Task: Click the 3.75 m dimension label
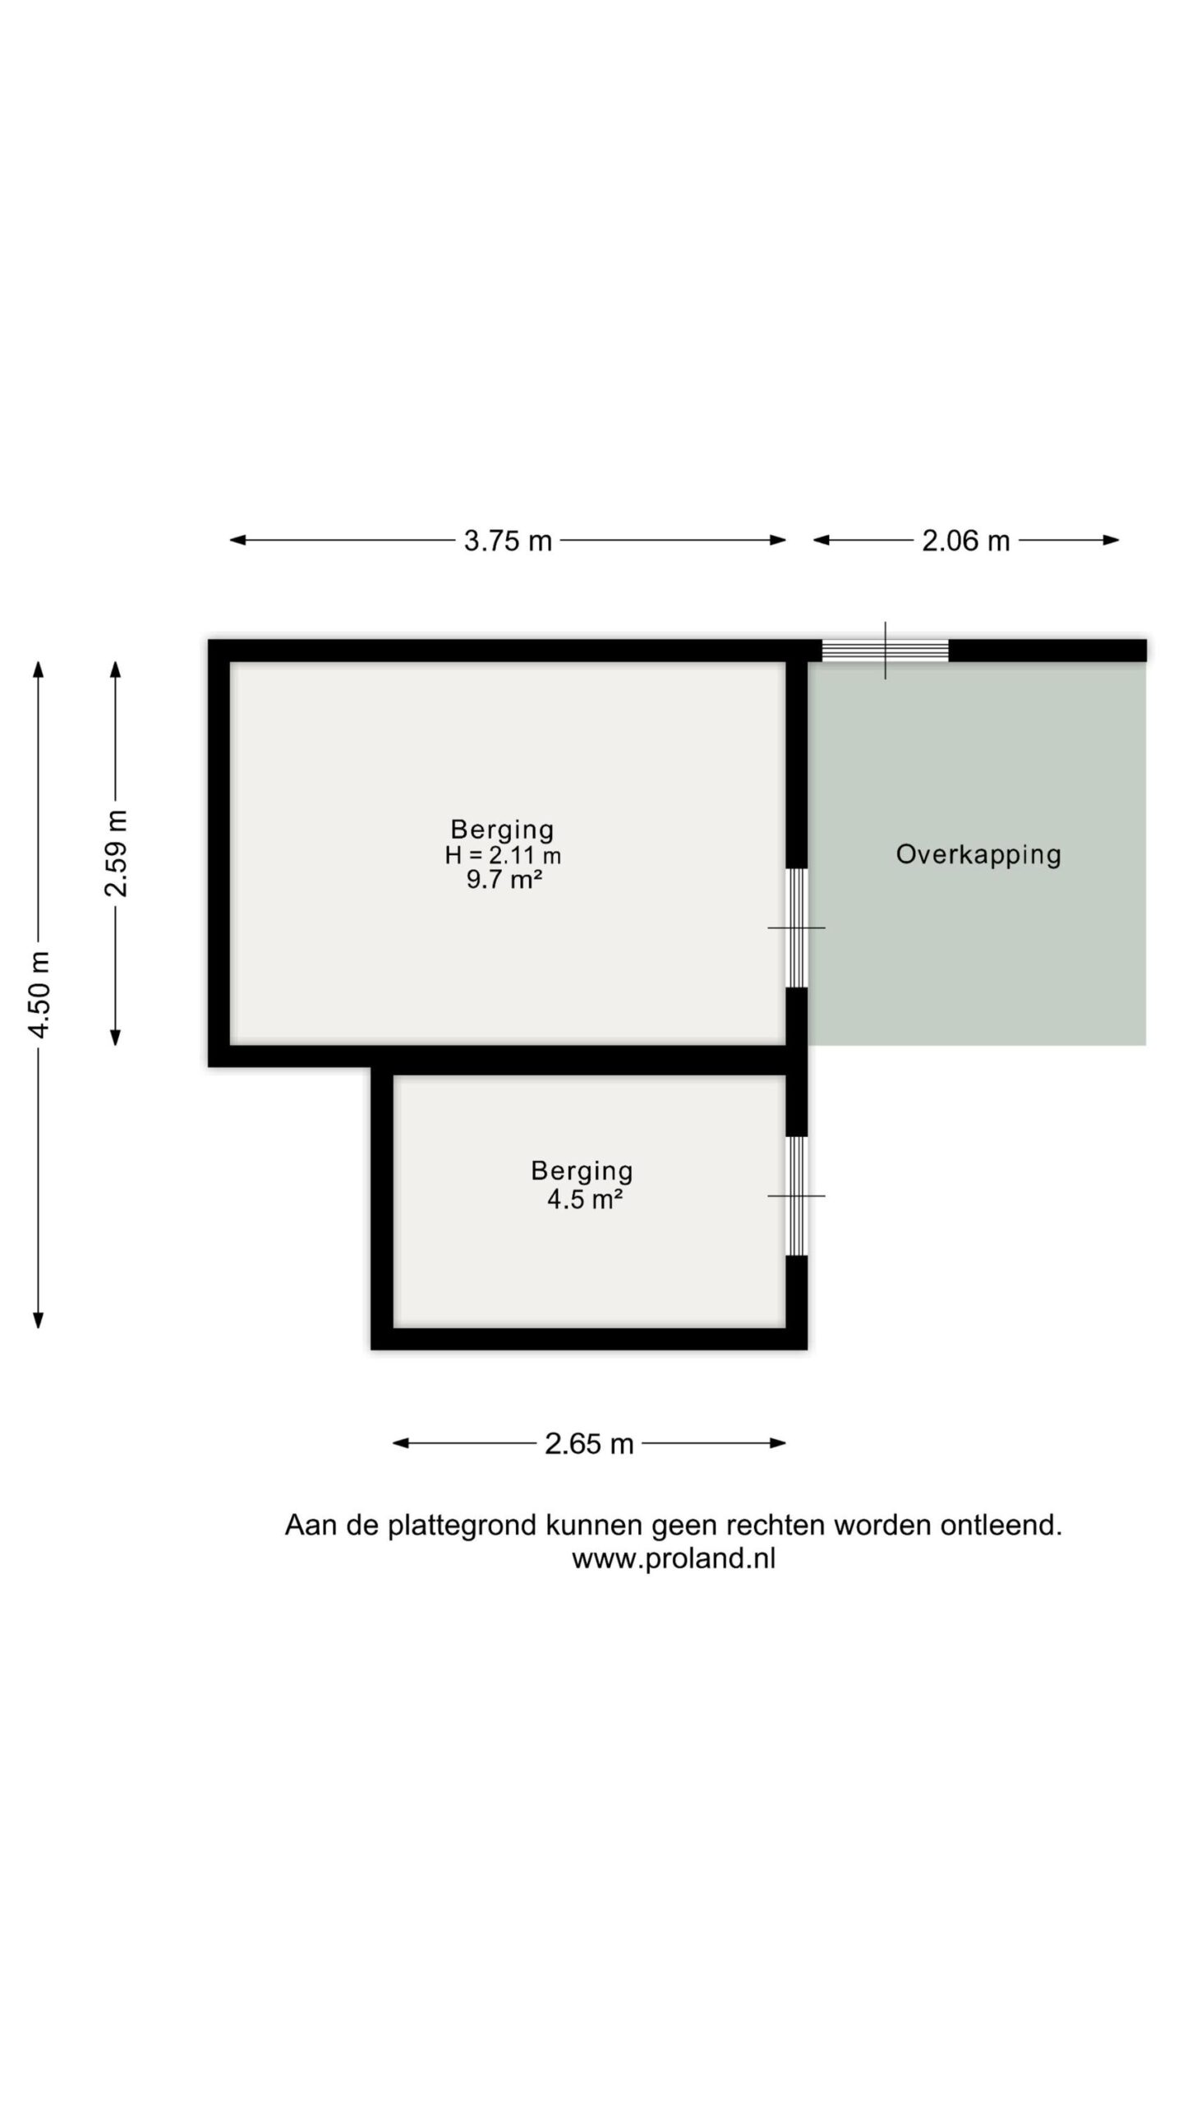tap(508, 541)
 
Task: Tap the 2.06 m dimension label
tap(965, 541)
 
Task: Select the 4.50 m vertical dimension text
tap(39, 995)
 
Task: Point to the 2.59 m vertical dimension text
tap(116, 854)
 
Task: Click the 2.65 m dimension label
tap(589, 1443)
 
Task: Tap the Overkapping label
tap(978, 854)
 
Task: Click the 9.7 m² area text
tap(504, 881)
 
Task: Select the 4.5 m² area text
tap(584, 1199)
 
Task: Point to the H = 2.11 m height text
tap(503, 855)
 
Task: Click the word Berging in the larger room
tap(502, 829)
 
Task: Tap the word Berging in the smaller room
tap(582, 1171)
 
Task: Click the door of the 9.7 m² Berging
tap(797, 927)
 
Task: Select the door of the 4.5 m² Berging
tap(797, 1196)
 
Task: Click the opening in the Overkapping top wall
tap(886, 651)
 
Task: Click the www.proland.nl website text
tap(674, 1558)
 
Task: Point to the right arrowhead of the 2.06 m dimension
tap(1111, 540)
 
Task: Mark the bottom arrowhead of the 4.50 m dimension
tap(38, 1319)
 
